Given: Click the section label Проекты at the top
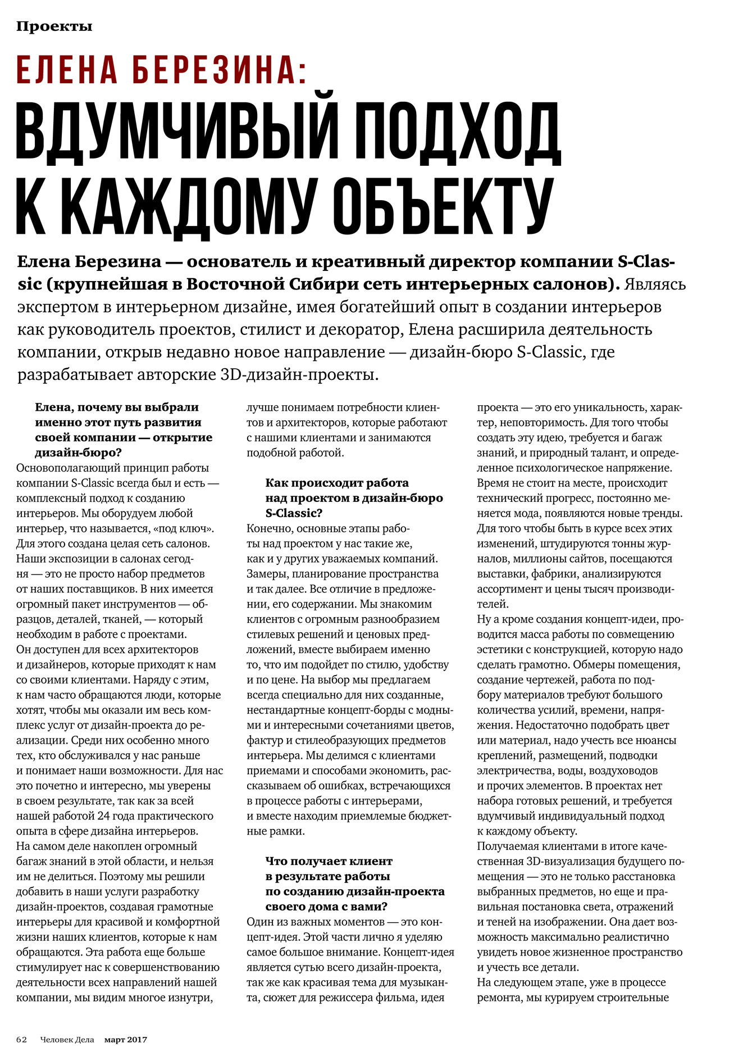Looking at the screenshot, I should click(x=54, y=26).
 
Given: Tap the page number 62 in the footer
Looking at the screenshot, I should click(x=22, y=1039).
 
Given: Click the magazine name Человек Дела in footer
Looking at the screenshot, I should click(x=67, y=1039).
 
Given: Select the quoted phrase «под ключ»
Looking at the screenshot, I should click(x=183, y=528).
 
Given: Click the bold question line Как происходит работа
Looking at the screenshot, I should click(x=336, y=483).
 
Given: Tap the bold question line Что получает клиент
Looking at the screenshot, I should click(x=329, y=861).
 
